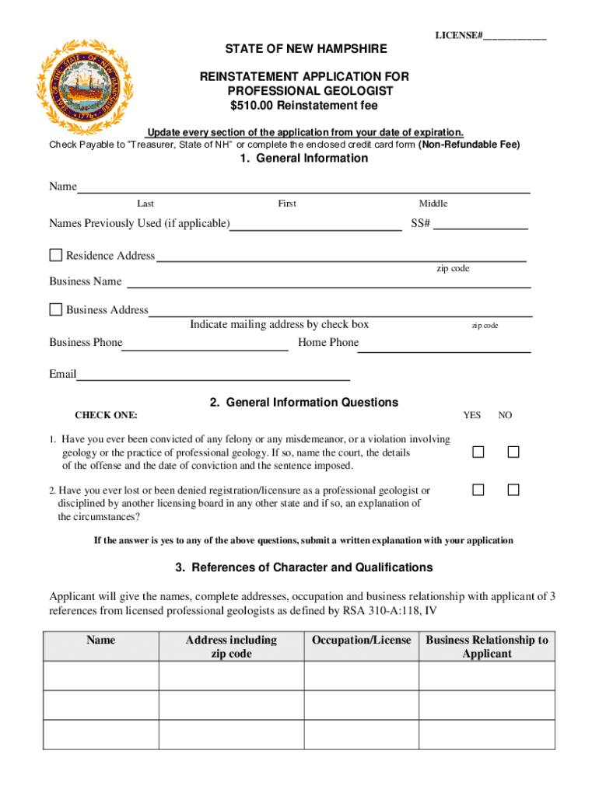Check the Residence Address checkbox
(x=56, y=255)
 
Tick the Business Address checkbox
(x=56, y=309)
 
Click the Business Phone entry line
(x=205, y=347)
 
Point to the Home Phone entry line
(x=443, y=347)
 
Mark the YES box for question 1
(x=478, y=452)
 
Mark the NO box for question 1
(x=513, y=452)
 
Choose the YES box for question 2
(x=478, y=490)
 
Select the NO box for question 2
(x=513, y=490)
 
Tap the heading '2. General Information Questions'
(x=303, y=403)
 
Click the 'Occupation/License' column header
(x=361, y=640)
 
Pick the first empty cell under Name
(x=101, y=676)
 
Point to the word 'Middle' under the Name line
(x=433, y=204)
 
